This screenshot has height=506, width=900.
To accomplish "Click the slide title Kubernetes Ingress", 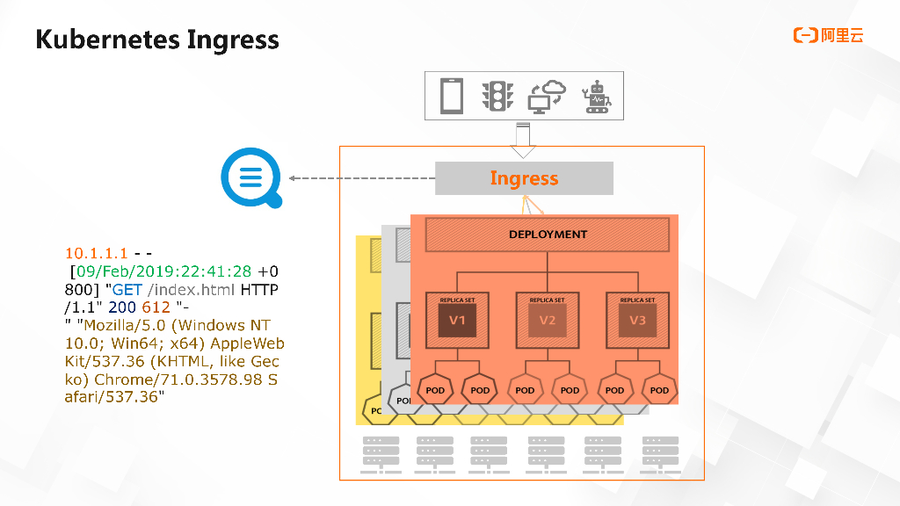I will coord(157,40).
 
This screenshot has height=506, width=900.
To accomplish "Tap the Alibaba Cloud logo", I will coord(828,35).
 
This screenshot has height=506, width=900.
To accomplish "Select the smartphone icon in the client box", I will coord(452,95).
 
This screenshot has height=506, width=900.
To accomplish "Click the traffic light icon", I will coord(497,96).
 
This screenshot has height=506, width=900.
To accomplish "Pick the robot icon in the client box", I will coord(598,97).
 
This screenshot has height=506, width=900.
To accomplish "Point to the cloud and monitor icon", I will coord(547,96).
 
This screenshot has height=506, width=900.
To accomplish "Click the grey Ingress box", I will coord(524,178).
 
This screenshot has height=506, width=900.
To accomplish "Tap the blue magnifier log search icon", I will coord(252,179).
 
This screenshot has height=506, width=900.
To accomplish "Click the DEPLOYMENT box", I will coord(548,235).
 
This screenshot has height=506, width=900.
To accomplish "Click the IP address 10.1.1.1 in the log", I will coord(97,253).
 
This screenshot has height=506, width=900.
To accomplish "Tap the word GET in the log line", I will coord(127,289).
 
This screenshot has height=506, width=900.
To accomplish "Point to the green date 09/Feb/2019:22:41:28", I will coord(163,271).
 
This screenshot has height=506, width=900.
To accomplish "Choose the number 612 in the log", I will coord(156,307).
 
